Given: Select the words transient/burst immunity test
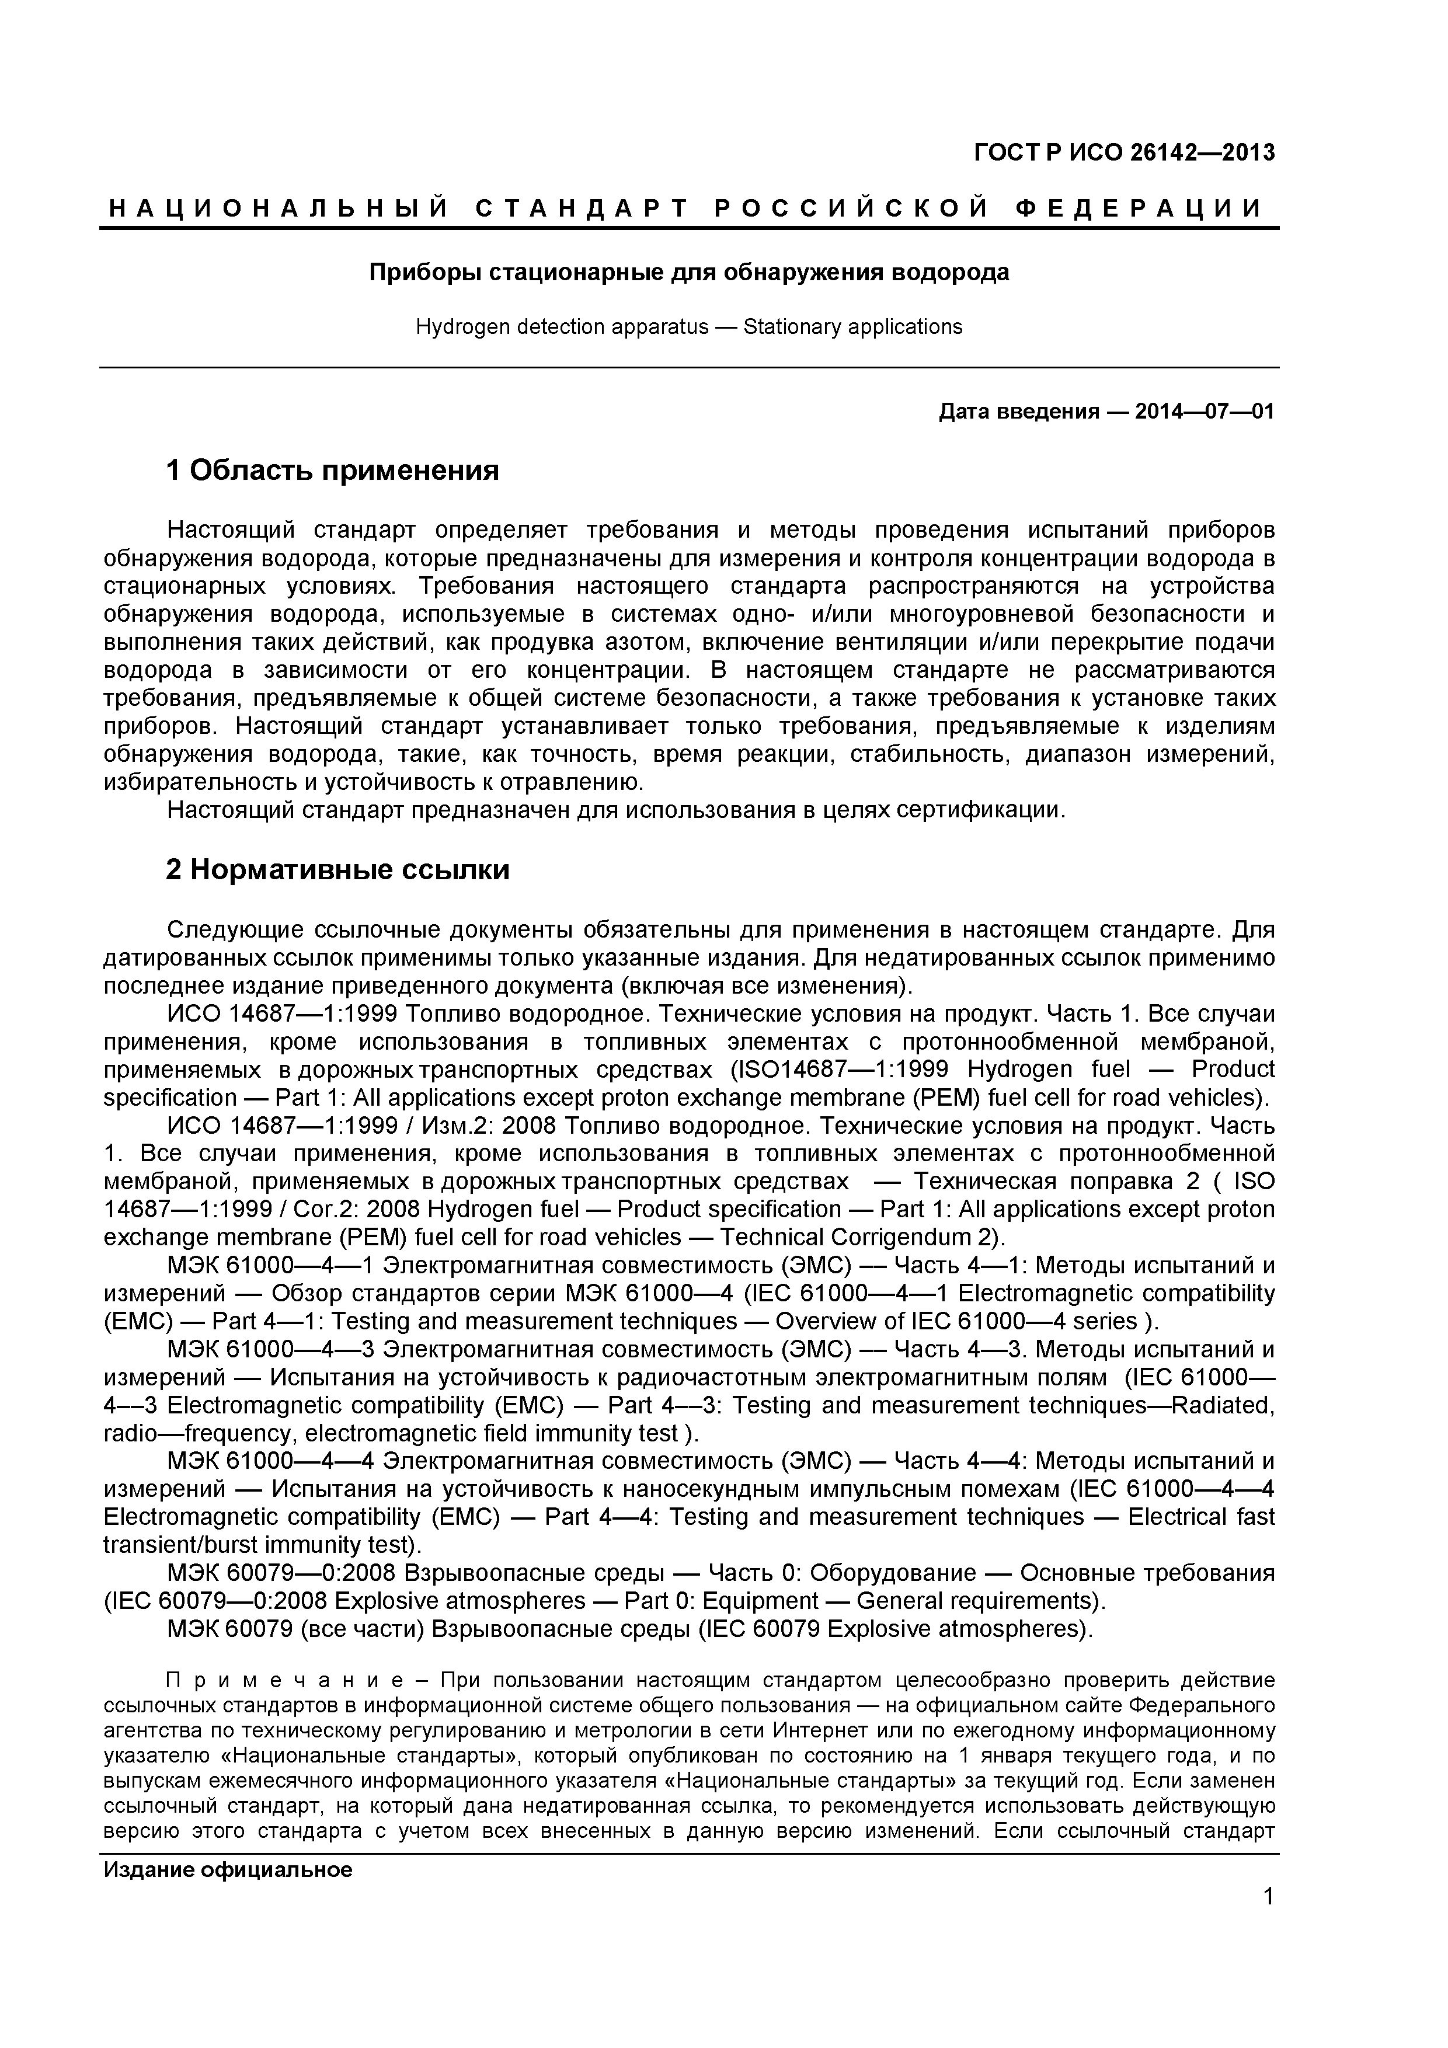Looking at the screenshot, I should (x=258, y=1544).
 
